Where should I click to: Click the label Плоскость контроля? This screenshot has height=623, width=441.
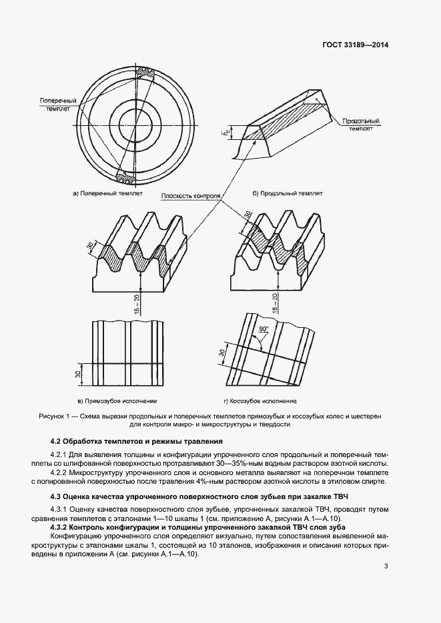(190, 197)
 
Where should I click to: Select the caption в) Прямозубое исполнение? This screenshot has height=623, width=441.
(117, 402)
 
